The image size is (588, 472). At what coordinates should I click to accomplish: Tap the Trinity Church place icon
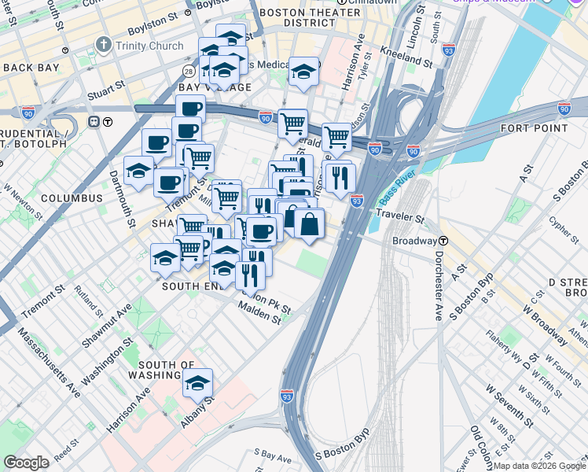point(102,45)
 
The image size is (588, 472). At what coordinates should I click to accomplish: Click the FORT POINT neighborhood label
point(534,128)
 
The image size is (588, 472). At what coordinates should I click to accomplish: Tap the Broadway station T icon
point(444,241)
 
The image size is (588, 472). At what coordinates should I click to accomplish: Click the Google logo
point(27,463)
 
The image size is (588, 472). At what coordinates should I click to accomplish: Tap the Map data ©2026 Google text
point(540,466)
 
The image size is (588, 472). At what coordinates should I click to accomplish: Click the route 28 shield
point(189,72)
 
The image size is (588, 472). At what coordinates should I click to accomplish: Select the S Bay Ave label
point(273,455)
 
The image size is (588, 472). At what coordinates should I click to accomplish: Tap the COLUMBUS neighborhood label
point(72,198)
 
